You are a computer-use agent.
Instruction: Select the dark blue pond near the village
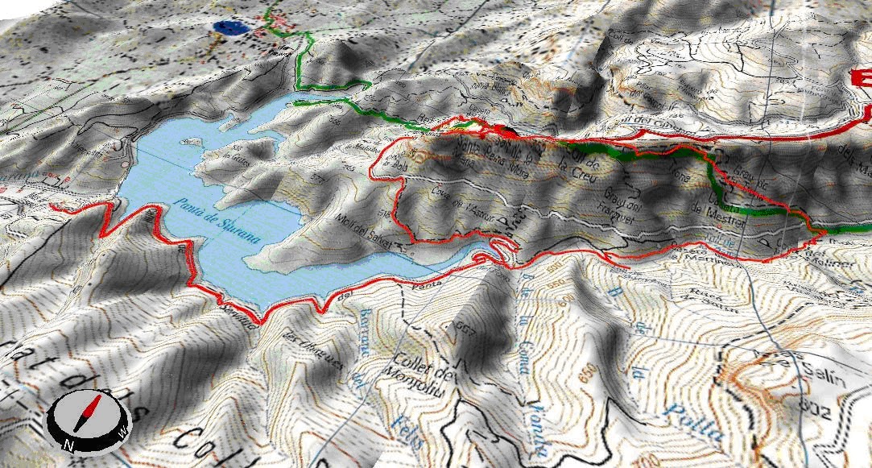tap(230, 28)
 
